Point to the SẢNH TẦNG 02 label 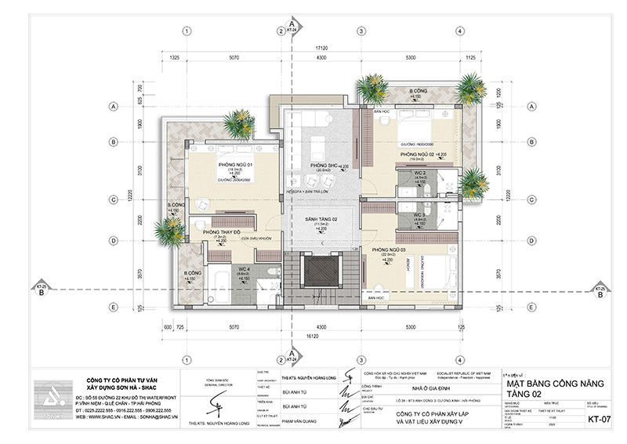pyautogui.click(x=322, y=218)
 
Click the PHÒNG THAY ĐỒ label pyautogui.click(x=221, y=232)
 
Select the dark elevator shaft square pyautogui.click(x=321, y=271)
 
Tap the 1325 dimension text pyautogui.click(x=174, y=58)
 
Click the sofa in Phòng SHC pyautogui.click(x=319, y=146)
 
